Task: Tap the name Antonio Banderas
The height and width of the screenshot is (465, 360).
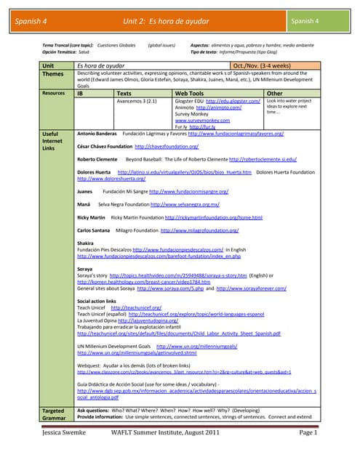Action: click(97, 134)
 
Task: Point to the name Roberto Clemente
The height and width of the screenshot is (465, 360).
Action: click(98, 158)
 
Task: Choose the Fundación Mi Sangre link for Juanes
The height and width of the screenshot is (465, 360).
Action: click(188, 191)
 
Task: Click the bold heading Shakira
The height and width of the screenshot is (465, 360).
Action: click(85, 243)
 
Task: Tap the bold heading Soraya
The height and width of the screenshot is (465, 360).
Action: click(84, 270)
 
